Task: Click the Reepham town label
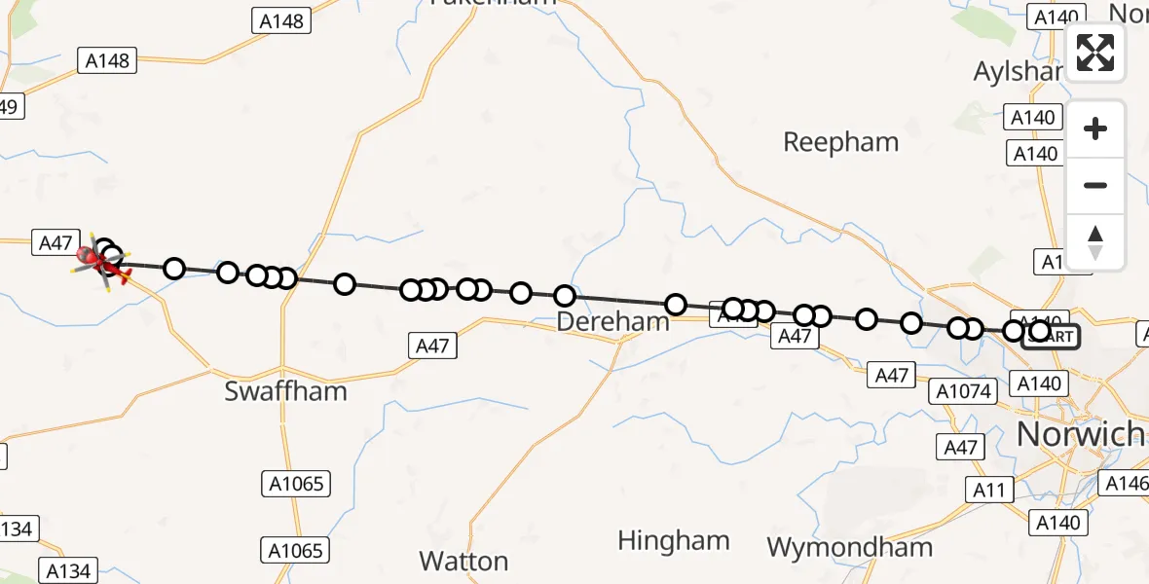[840, 143]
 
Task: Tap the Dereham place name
[614, 321]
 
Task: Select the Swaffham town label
[285, 391]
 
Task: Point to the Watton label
[463, 561]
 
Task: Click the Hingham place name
[673, 540]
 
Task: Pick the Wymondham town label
[849, 547]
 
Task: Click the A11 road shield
[988, 491]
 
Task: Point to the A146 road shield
[1125, 483]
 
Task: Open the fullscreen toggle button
[1095, 53]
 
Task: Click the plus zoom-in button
[1095, 128]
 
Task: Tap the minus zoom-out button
[1095, 185]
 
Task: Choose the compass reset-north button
[1095, 241]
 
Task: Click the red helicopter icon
[93, 258]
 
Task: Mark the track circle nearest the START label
[1039, 332]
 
